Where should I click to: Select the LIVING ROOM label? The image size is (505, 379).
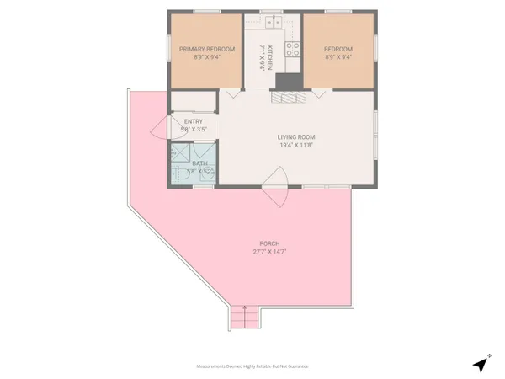(297, 136)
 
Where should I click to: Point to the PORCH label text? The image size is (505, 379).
(265, 243)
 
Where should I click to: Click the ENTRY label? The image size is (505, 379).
(194, 121)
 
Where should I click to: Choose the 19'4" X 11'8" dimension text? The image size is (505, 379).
(297, 145)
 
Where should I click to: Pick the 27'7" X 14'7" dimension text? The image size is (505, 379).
(265, 252)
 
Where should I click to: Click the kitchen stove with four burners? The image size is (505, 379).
(292, 49)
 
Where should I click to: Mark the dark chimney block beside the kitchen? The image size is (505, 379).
(287, 82)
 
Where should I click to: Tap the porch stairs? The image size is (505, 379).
(243, 318)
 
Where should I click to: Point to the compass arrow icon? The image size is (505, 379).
(481, 363)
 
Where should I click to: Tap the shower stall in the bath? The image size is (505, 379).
(179, 156)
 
